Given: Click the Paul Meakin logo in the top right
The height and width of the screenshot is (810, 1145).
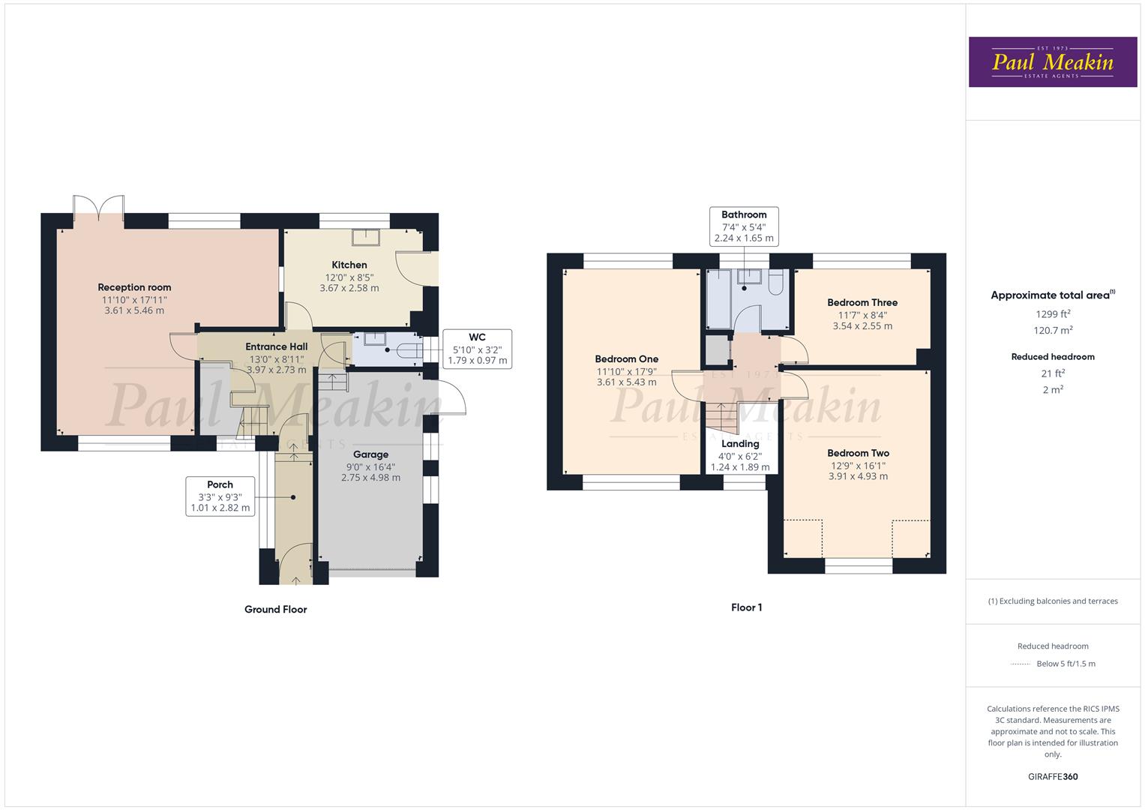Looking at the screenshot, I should (1052, 62).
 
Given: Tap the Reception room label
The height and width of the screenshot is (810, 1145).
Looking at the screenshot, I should (134, 287).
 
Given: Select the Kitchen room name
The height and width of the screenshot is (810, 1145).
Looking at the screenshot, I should (349, 265).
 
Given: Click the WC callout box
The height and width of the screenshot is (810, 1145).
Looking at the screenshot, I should (477, 349).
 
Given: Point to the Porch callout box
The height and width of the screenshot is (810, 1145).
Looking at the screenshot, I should (220, 496).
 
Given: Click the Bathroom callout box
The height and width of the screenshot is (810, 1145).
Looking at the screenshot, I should (744, 226).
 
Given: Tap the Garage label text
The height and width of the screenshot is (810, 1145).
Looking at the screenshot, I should (370, 454).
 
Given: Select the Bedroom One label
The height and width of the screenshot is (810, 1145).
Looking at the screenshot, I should (626, 359).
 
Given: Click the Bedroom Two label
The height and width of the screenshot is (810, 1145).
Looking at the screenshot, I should (858, 453).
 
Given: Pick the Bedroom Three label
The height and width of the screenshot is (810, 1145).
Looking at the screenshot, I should (862, 303).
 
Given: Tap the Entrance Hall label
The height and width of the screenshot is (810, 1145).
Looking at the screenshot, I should (277, 346).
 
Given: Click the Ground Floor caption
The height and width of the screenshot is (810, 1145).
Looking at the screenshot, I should (275, 610).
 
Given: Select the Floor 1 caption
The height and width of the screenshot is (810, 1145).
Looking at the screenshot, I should (746, 607).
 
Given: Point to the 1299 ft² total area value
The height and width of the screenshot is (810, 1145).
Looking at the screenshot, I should (1053, 314).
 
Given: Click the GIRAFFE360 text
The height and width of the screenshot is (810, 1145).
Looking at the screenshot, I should (1052, 776).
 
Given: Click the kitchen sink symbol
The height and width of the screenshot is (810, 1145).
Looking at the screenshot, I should (367, 237).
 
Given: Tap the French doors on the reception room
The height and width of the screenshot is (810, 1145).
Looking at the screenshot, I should (98, 208).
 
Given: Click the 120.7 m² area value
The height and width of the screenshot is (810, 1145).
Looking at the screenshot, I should (1053, 331).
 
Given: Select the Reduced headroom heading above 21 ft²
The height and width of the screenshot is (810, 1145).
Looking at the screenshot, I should (1053, 357).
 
